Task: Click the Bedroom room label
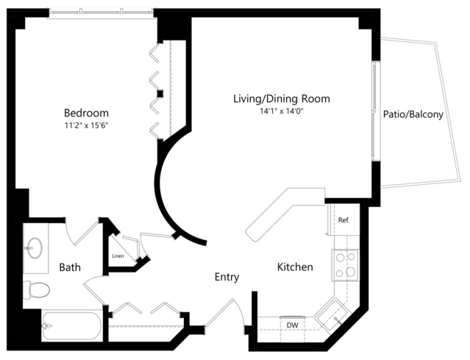[x=86, y=113]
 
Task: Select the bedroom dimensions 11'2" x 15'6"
[x=86, y=125]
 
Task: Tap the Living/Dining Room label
[x=282, y=99]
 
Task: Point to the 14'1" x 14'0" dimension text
[x=282, y=111]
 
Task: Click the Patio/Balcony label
[x=413, y=114]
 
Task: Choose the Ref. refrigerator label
[x=343, y=220]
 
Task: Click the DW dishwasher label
[x=292, y=325]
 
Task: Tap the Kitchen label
[x=295, y=267]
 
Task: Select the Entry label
[x=227, y=278]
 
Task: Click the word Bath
[x=70, y=267]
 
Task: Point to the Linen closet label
[x=118, y=256]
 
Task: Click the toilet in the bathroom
[x=36, y=290]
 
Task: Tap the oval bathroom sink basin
[x=35, y=248]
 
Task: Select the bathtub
[x=72, y=326]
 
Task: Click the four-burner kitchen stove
[x=345, y=265]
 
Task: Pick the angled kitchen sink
[x=332, y=314]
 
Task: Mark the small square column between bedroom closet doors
[x=160, y=93]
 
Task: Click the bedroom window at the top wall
[x=101, y=13]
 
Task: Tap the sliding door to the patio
[x=375, y=111]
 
